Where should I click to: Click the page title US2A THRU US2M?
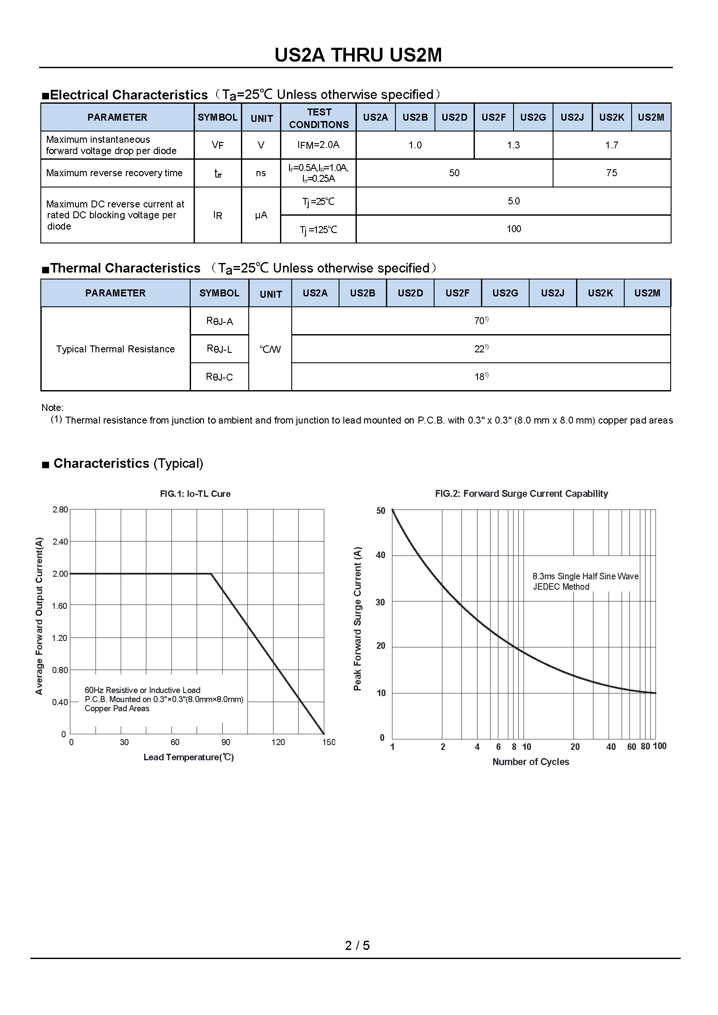tap(358, 55)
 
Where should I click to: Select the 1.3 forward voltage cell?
tap(513, 145)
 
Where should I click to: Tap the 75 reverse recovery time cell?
tap(612, 173)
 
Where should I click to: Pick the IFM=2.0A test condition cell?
tap(318, 145)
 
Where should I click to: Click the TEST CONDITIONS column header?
tap(319, 118)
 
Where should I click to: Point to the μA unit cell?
tap(261, 215)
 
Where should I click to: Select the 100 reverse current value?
tap(514, 229)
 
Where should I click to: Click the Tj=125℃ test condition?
tap(318, 230)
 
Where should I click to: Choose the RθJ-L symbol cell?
tap(219, 349)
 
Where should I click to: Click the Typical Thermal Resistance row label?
tap(115, 349)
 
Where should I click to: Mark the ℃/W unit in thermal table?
tap(270, 349)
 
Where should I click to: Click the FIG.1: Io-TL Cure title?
tap(195, 494)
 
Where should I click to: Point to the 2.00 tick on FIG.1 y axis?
tap(60, 574)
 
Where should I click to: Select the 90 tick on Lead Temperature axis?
tap(225, 742)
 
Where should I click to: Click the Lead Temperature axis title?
tap(188, 757)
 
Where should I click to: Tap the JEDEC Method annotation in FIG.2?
tap(561, 587)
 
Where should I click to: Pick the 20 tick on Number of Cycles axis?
tap(575, 747)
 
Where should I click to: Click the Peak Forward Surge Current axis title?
tap(358, 619)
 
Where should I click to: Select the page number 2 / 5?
tap(357, 945)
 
